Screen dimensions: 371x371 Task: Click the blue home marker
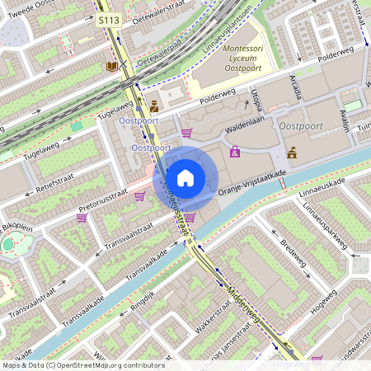[185, 177]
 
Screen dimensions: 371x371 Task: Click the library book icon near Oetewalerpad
[110, 65]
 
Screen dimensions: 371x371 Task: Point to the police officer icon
[154, 106]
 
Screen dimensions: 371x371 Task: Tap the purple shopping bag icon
[235, 152]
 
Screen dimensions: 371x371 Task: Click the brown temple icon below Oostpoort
[291, 152]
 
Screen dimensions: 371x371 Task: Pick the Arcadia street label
[295, 85]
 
